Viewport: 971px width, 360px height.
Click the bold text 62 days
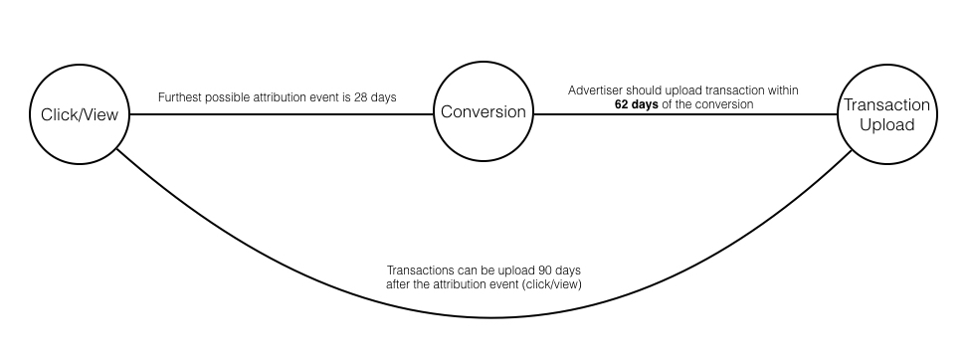coord(636,104)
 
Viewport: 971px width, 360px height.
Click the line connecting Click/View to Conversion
coord(282,114)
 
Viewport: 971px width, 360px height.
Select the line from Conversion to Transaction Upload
coord(685,114)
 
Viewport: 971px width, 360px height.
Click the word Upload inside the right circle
coord(887,125)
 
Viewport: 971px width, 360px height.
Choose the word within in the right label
coord(783,90)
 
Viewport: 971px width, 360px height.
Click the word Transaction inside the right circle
coord(887,104)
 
